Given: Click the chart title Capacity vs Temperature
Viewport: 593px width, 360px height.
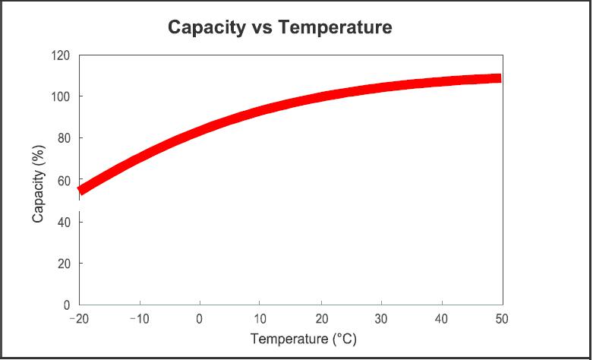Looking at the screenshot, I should point(279,28).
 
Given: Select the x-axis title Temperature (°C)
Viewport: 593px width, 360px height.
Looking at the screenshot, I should point(292,338).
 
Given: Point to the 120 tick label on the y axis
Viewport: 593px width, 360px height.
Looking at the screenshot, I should point(61,55).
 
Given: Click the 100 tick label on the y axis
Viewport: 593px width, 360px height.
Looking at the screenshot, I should point(61,97).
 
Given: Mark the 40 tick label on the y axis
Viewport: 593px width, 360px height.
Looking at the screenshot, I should point(64,222).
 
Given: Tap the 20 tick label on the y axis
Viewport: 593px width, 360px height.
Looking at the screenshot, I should point(64,264).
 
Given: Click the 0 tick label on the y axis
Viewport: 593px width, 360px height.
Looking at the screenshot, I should point(67,305).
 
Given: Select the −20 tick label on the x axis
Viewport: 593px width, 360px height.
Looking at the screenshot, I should point(78,317).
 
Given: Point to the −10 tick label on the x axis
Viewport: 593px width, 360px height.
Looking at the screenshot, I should point(138,317).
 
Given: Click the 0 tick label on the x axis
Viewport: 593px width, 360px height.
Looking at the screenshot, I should point(199,317).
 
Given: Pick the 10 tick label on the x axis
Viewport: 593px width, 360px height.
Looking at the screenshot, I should point(260,317).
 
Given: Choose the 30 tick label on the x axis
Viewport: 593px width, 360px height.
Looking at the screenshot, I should point(380,317).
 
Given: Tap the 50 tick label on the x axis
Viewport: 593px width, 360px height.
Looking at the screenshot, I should point(501,317).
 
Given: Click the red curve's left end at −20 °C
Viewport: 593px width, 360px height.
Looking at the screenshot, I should point(80,190).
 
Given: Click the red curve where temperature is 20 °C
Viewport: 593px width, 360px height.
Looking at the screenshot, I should point(320,96).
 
